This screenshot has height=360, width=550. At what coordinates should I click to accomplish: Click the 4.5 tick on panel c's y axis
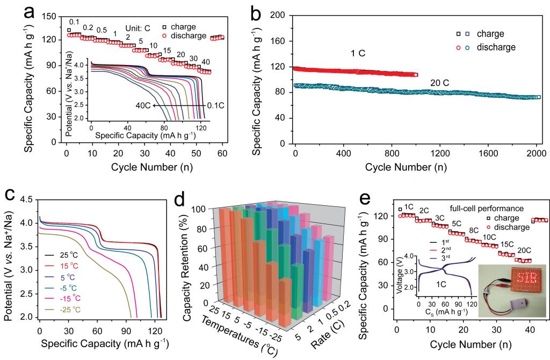pyautogui.click(x=26, y=200)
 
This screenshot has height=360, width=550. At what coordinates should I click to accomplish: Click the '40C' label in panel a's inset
pyautogui.click(x=141, y=106)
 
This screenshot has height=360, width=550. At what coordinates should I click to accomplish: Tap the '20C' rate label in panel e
pyautogui.click(x=524, y=251)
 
